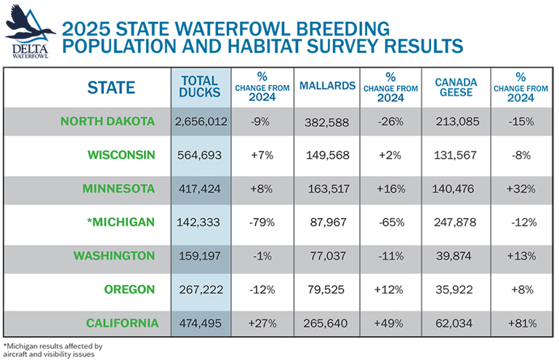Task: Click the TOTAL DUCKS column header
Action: click(x=200, y=87)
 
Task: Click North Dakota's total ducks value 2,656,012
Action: click(x=201, y=121)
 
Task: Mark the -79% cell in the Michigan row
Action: click(x=260, y=222)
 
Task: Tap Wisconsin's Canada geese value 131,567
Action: click(x=456, y=155)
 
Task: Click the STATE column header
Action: click(x=111, y=87)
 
